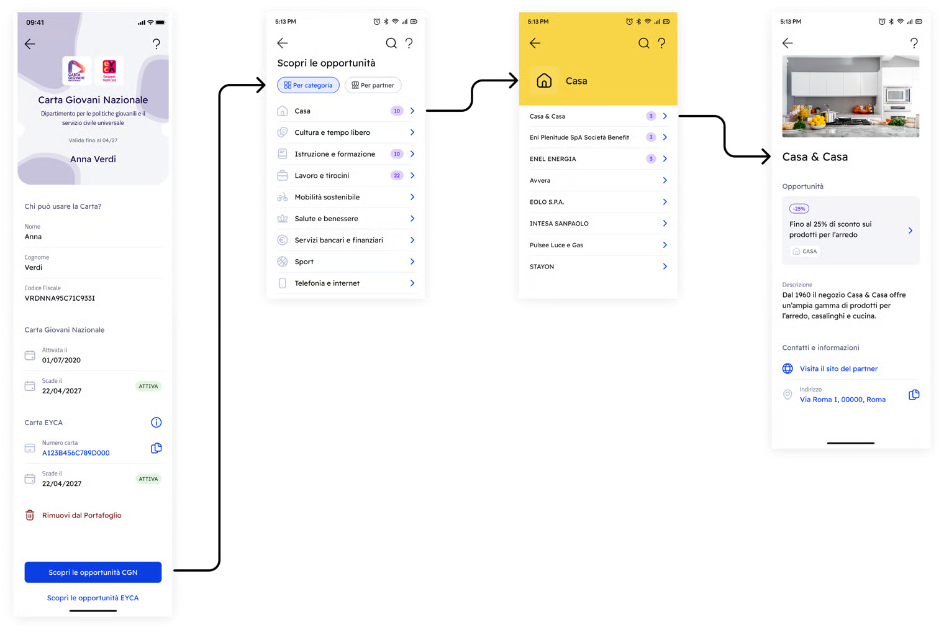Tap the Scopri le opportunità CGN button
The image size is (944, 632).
(93, 572)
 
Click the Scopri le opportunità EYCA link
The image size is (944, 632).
(93, 598)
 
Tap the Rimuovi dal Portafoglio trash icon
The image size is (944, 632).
(30, 515)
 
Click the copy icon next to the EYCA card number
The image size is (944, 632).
(156, 448)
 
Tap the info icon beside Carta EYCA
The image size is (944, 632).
(156, 423)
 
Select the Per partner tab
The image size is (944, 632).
(373, 85)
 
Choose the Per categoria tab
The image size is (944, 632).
(308, 85)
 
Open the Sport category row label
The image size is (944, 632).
(304, 262)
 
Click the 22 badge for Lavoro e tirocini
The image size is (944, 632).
(397, 175)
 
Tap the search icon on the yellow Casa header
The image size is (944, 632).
(643, 43)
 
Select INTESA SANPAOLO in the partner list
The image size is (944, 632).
(559, 224)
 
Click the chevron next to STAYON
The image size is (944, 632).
(665, 267)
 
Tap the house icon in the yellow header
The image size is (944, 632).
(544, 81)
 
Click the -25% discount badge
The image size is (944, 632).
(799, 209)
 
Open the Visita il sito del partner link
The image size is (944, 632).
(838, 369)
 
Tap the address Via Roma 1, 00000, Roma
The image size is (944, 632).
(842, 400)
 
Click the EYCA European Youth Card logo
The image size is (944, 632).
(109, 70)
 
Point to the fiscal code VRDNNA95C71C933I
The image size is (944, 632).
(60, 298)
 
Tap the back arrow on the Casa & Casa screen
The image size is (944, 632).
(787, 43)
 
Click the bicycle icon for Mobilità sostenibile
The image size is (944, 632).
(283, 197)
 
